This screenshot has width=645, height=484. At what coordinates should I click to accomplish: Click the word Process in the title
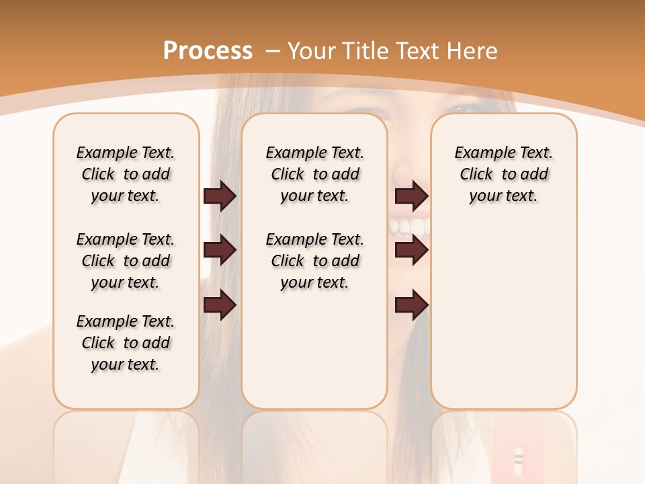click(208, 50)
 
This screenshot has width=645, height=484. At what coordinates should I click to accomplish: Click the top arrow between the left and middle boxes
click(220, 196)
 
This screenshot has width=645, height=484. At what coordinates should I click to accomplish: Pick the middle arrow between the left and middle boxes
click(220, 250)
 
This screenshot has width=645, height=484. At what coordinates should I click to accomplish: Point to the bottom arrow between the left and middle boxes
click(220, 305)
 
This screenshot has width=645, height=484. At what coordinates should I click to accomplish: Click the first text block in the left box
click(126, 174)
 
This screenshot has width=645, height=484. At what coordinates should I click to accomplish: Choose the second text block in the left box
click(126, 261)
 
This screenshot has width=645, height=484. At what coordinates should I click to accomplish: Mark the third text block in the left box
click(126, 343)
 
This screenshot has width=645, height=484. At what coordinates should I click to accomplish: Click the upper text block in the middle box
click(314, 174)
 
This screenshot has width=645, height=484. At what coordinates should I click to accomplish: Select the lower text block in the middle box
click(314, 261)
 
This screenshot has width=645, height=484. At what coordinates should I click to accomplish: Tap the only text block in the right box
click(503, 174)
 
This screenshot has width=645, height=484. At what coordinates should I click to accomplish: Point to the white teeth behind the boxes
click(410, 227)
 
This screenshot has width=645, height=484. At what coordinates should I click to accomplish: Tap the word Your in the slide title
click(312, 51)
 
